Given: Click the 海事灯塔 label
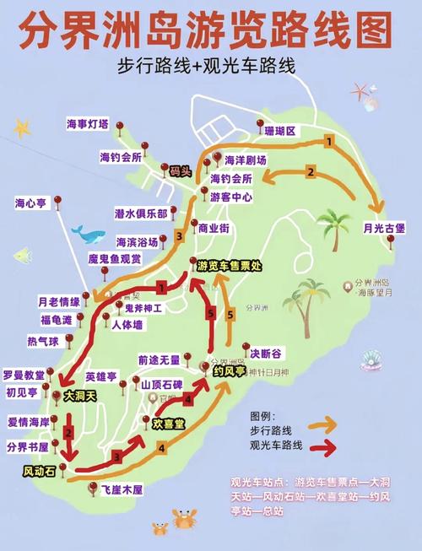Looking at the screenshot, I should [88, 124].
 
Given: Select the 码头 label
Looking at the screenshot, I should [181, 170].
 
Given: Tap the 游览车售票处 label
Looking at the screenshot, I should [230, 265].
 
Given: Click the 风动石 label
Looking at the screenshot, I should [40, 472].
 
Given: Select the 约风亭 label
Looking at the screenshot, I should [229, 370].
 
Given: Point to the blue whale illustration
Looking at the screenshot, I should [88, 232].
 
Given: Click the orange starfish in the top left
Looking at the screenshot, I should [23, 128].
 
